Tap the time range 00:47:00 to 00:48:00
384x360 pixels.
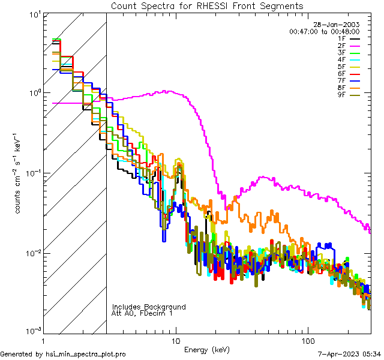pos(324,31)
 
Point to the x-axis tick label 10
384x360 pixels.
pos(176,340)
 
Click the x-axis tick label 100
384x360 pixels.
pos(307,340)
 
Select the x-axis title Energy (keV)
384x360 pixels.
pos(206,350)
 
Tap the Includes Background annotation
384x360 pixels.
pos(149,307)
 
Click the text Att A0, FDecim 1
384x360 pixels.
pos(142,313)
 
